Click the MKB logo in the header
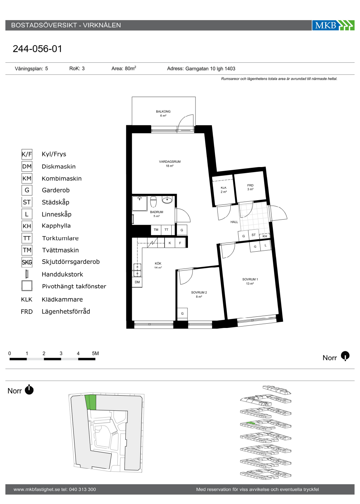point(333,25)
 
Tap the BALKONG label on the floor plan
point(163,111)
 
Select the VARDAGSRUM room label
point(170,162)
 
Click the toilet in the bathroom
point(153,201)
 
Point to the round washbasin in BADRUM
point(167,199)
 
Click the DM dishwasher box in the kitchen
point(137,282)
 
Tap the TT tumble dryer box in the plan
point(166,230)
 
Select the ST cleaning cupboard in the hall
point(253,235)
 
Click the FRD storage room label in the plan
point(250,185)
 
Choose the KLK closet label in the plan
point(224,188)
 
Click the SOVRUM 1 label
point(250,279)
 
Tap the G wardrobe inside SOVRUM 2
point(182,314)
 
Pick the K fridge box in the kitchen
point(170,243)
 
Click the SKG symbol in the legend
point(27,262)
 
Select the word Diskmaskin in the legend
point(59,166)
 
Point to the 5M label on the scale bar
point(95,353)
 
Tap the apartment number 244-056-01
point(37,49)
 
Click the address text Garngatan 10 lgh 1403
point(210,69)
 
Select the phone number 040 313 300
point(82,489)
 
